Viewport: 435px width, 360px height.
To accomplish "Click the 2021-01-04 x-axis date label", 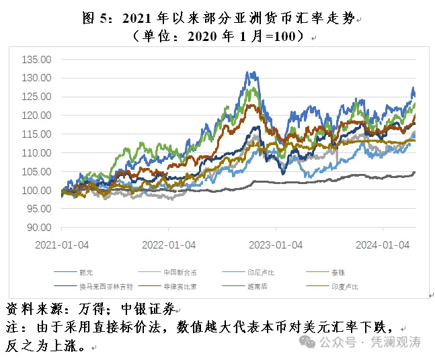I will point(61,245).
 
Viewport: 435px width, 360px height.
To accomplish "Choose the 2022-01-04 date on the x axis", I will point(169,245).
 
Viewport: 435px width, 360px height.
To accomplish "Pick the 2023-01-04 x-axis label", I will point(276,245).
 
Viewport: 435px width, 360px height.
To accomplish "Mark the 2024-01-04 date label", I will point(383,245).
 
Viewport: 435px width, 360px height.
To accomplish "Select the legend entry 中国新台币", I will point(180,272).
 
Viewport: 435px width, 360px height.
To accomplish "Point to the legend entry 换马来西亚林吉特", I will point(106,286).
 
